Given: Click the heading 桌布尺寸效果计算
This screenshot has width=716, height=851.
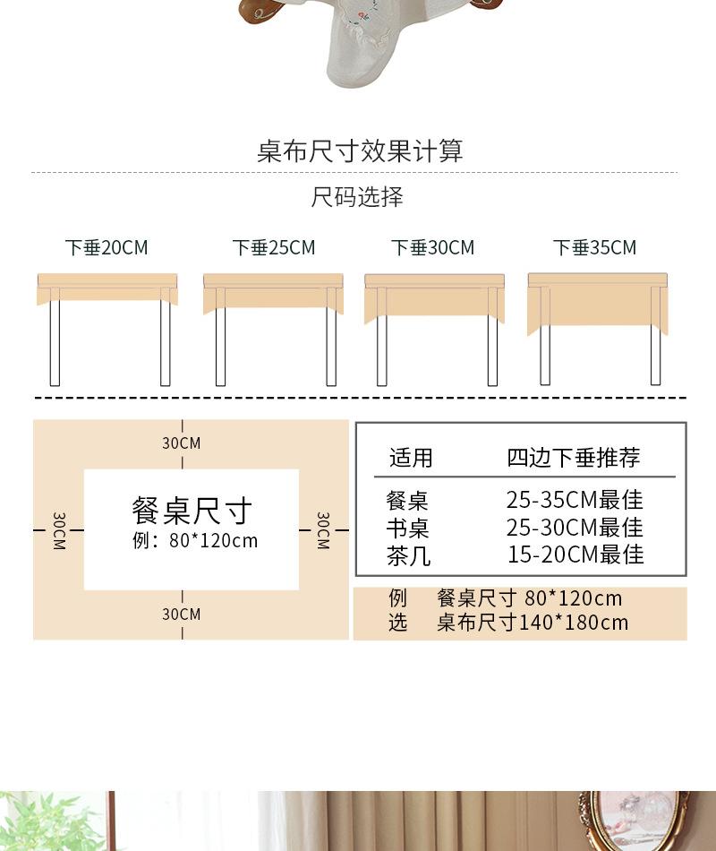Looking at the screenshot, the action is (360, 150).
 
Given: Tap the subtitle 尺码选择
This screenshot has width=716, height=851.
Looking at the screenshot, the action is (357, 197).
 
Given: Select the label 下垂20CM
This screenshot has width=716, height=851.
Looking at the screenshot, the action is (107, 247).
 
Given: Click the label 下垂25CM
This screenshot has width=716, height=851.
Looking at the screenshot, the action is (274, 247).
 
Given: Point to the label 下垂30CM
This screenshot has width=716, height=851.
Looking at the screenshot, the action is (433, 247).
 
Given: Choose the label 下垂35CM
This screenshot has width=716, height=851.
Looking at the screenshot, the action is (595, 247).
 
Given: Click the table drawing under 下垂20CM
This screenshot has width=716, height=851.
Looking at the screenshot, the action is (107, 327).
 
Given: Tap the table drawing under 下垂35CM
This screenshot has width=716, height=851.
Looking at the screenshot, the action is (598, 327).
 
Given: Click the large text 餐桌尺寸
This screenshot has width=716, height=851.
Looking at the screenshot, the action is (192, 511).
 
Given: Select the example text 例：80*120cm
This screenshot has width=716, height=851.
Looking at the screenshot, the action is (194, 540).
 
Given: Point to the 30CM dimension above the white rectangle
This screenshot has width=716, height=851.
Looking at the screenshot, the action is (182, 443).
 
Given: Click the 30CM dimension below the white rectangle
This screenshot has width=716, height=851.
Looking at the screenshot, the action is (182, 615).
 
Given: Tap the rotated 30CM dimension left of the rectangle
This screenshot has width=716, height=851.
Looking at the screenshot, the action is (58, 530).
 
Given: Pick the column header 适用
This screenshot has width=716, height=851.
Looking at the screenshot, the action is (411, 459).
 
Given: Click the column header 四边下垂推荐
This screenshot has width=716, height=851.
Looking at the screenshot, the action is (574, 459).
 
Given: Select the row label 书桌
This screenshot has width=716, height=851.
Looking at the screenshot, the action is (407, 528).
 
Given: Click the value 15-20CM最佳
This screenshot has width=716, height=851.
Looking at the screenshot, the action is (575, 554).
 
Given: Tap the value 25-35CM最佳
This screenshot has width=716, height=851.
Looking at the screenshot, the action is (575, 500).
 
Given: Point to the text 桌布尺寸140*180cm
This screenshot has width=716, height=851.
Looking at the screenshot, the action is (533, 623).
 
